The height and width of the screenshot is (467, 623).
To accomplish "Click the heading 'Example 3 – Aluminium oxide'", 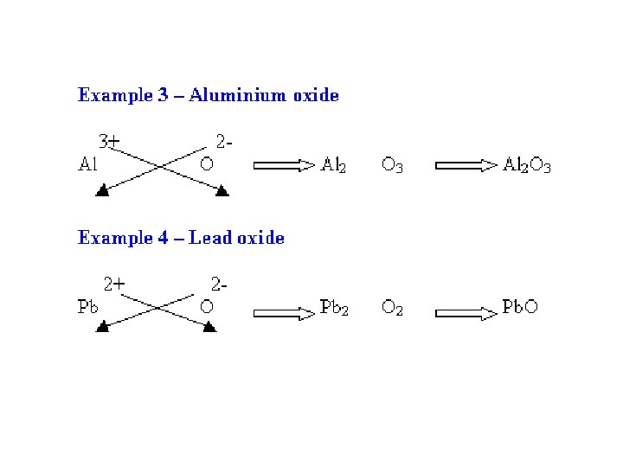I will [x=208, y=95].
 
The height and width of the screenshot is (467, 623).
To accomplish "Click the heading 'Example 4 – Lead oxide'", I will [x=181, y=237].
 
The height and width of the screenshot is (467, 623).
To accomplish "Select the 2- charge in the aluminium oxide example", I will [x=222, y=139].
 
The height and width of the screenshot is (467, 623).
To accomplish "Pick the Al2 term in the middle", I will [x=334, y=164].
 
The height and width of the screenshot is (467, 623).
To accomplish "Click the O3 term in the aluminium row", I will [x=392, y=165].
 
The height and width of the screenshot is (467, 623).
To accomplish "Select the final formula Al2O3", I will [x=527, y=165].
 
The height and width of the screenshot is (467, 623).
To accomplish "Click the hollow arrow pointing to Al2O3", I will [x=466, y=164].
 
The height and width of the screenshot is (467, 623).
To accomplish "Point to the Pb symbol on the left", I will [x=88, y=307].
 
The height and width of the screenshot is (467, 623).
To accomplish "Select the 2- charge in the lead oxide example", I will [x=220, y=283].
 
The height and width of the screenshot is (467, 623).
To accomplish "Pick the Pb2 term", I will [x=334, y=307].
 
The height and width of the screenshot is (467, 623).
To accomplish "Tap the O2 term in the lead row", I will [x=392, y=308].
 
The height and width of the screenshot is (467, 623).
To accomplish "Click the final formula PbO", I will [x=520, y=307].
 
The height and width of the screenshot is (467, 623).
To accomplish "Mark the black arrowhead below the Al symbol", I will [x=103, y=190].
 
